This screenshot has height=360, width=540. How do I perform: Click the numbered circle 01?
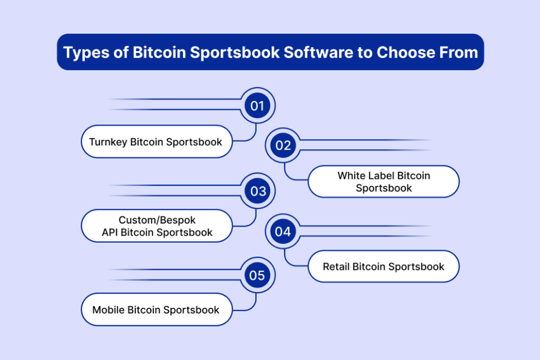coord(257,106)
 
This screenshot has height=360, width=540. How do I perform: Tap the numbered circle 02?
coord(283,145)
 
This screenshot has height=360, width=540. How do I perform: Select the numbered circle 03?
coord(258,191)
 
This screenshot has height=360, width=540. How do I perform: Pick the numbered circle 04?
coord(283,232)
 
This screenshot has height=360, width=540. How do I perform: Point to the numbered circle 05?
coord(257,275)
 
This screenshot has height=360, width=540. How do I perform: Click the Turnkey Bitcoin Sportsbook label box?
coord(157,142)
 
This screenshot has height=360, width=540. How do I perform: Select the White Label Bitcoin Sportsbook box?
coord(384,182)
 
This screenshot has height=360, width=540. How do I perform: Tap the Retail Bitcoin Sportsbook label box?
coord(384,267)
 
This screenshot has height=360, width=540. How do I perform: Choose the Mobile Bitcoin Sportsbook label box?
coord(157,309)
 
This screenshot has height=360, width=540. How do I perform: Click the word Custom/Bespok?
coord(157,220)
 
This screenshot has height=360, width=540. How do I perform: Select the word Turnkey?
coord(108,142)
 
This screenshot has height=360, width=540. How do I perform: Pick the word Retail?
coord(336,267)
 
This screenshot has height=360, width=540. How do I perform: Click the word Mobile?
coord(108,309)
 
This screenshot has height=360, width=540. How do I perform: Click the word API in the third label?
coord(110,232)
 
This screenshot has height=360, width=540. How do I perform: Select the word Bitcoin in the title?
coord(159,52)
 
